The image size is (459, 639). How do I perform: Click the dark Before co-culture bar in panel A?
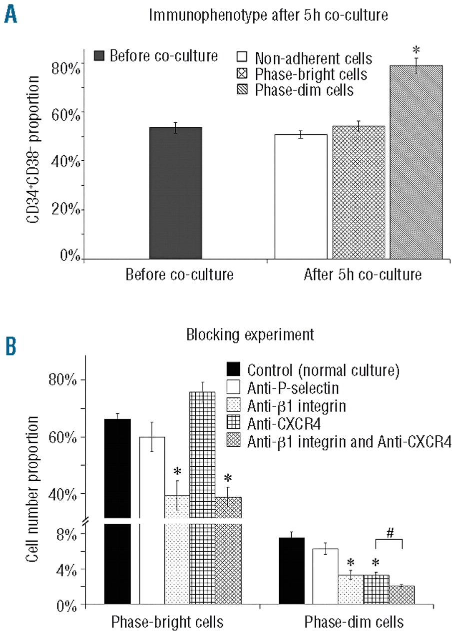pyautogui.click(x=175, y=193)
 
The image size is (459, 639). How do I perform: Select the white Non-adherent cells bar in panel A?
pyautogui.click(x=301, y=197)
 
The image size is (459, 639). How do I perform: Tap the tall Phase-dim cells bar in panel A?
pyautogui.click(x=416, y=162)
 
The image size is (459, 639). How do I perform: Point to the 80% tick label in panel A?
pyautogui.click(x=66, y=67)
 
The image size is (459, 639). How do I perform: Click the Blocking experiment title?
pyautogui.click(x=250, y=335)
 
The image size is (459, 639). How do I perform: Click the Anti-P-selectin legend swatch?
pyautogui.click(x=234, y=387)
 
